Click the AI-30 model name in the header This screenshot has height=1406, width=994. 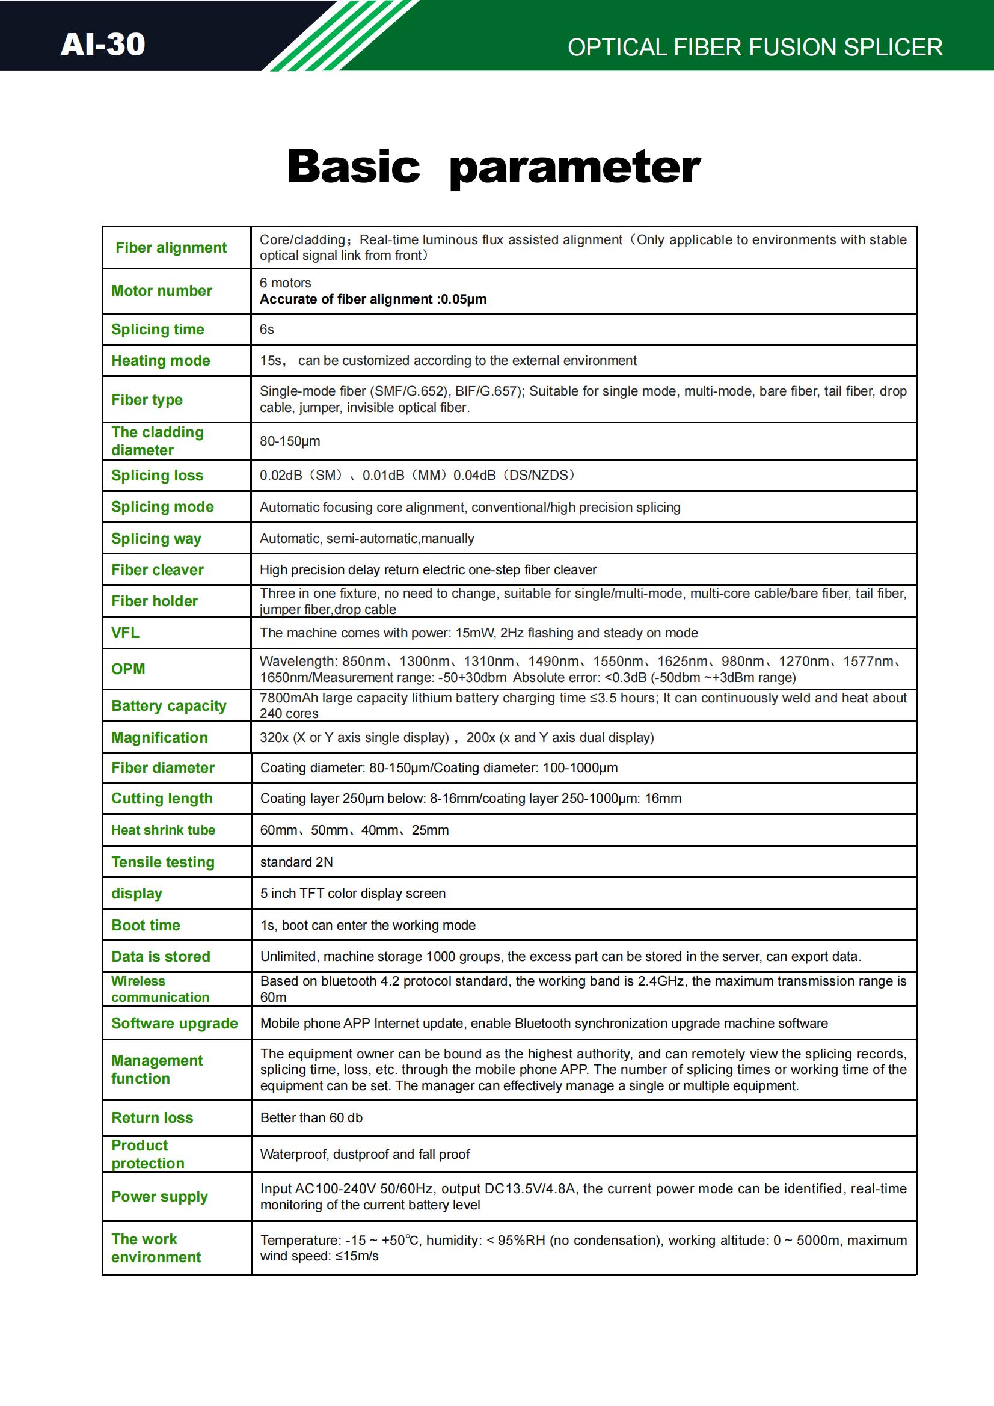(x=102, y=44)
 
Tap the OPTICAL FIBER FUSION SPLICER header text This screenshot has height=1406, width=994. (x=755, y=48)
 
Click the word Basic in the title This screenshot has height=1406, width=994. (x=354, y=167)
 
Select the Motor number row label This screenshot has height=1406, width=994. (x=162, y=291)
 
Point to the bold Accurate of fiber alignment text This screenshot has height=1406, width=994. (x=373, y=299)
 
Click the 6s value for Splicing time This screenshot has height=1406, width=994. (x=266, y=330)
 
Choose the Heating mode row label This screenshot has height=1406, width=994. (x=161, y=361)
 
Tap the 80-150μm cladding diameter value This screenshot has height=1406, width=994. (x=290, y=441)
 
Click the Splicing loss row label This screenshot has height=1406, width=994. (x=158, y=476)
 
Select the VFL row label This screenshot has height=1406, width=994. (x=126, y=633)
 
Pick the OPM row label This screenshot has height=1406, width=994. (x=129, y=669)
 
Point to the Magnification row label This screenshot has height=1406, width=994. (x=159, y=738)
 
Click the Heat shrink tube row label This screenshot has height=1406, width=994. (x=164, y=830)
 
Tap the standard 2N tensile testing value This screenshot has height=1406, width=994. (x=296, y=862)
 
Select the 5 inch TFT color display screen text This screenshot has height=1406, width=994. (x=353, y=894)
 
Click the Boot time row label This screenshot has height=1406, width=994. (x=146, y=926)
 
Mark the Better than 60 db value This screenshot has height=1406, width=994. (x=311, y=1117)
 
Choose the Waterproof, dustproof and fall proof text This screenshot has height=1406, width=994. (x=365, y=1154)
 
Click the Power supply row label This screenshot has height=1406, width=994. (x=159, y=1197)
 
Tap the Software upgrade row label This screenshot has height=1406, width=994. (x=174, y=1024)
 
